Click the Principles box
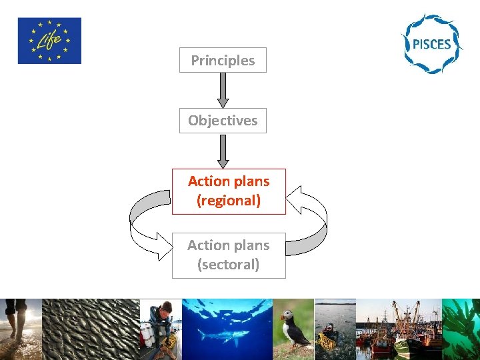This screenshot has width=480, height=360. pos(223,60)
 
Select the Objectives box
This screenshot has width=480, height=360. pos(223,121)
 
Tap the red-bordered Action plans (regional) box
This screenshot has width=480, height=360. pos(229,191)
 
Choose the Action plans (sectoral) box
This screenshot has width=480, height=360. pos(229,255)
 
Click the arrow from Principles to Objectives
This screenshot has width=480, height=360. pos(223,89)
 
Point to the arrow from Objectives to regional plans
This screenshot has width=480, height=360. pos(223,151)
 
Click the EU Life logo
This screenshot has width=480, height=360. pos(49,41)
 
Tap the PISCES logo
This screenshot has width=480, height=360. pos(431,43)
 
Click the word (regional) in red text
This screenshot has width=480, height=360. pos(229,201)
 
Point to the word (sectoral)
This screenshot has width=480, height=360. pos(229,265)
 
